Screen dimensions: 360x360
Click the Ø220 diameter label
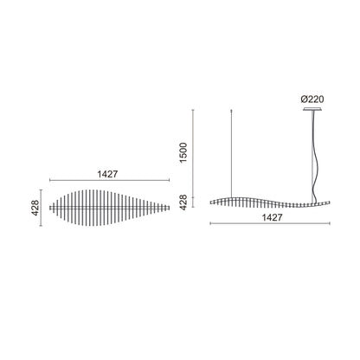[312, 100]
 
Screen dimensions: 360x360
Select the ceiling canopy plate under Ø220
[312, 109]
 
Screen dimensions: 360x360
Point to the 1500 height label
[183, 152]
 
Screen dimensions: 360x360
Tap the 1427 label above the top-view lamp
[107, 174]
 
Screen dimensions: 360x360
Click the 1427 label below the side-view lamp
[272, 217]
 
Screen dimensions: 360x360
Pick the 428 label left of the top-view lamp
[35, 208]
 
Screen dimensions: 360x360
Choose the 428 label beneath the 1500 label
[183, 202]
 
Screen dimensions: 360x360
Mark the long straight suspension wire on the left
[232, 154]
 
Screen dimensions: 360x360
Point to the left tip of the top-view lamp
[49, 208]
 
